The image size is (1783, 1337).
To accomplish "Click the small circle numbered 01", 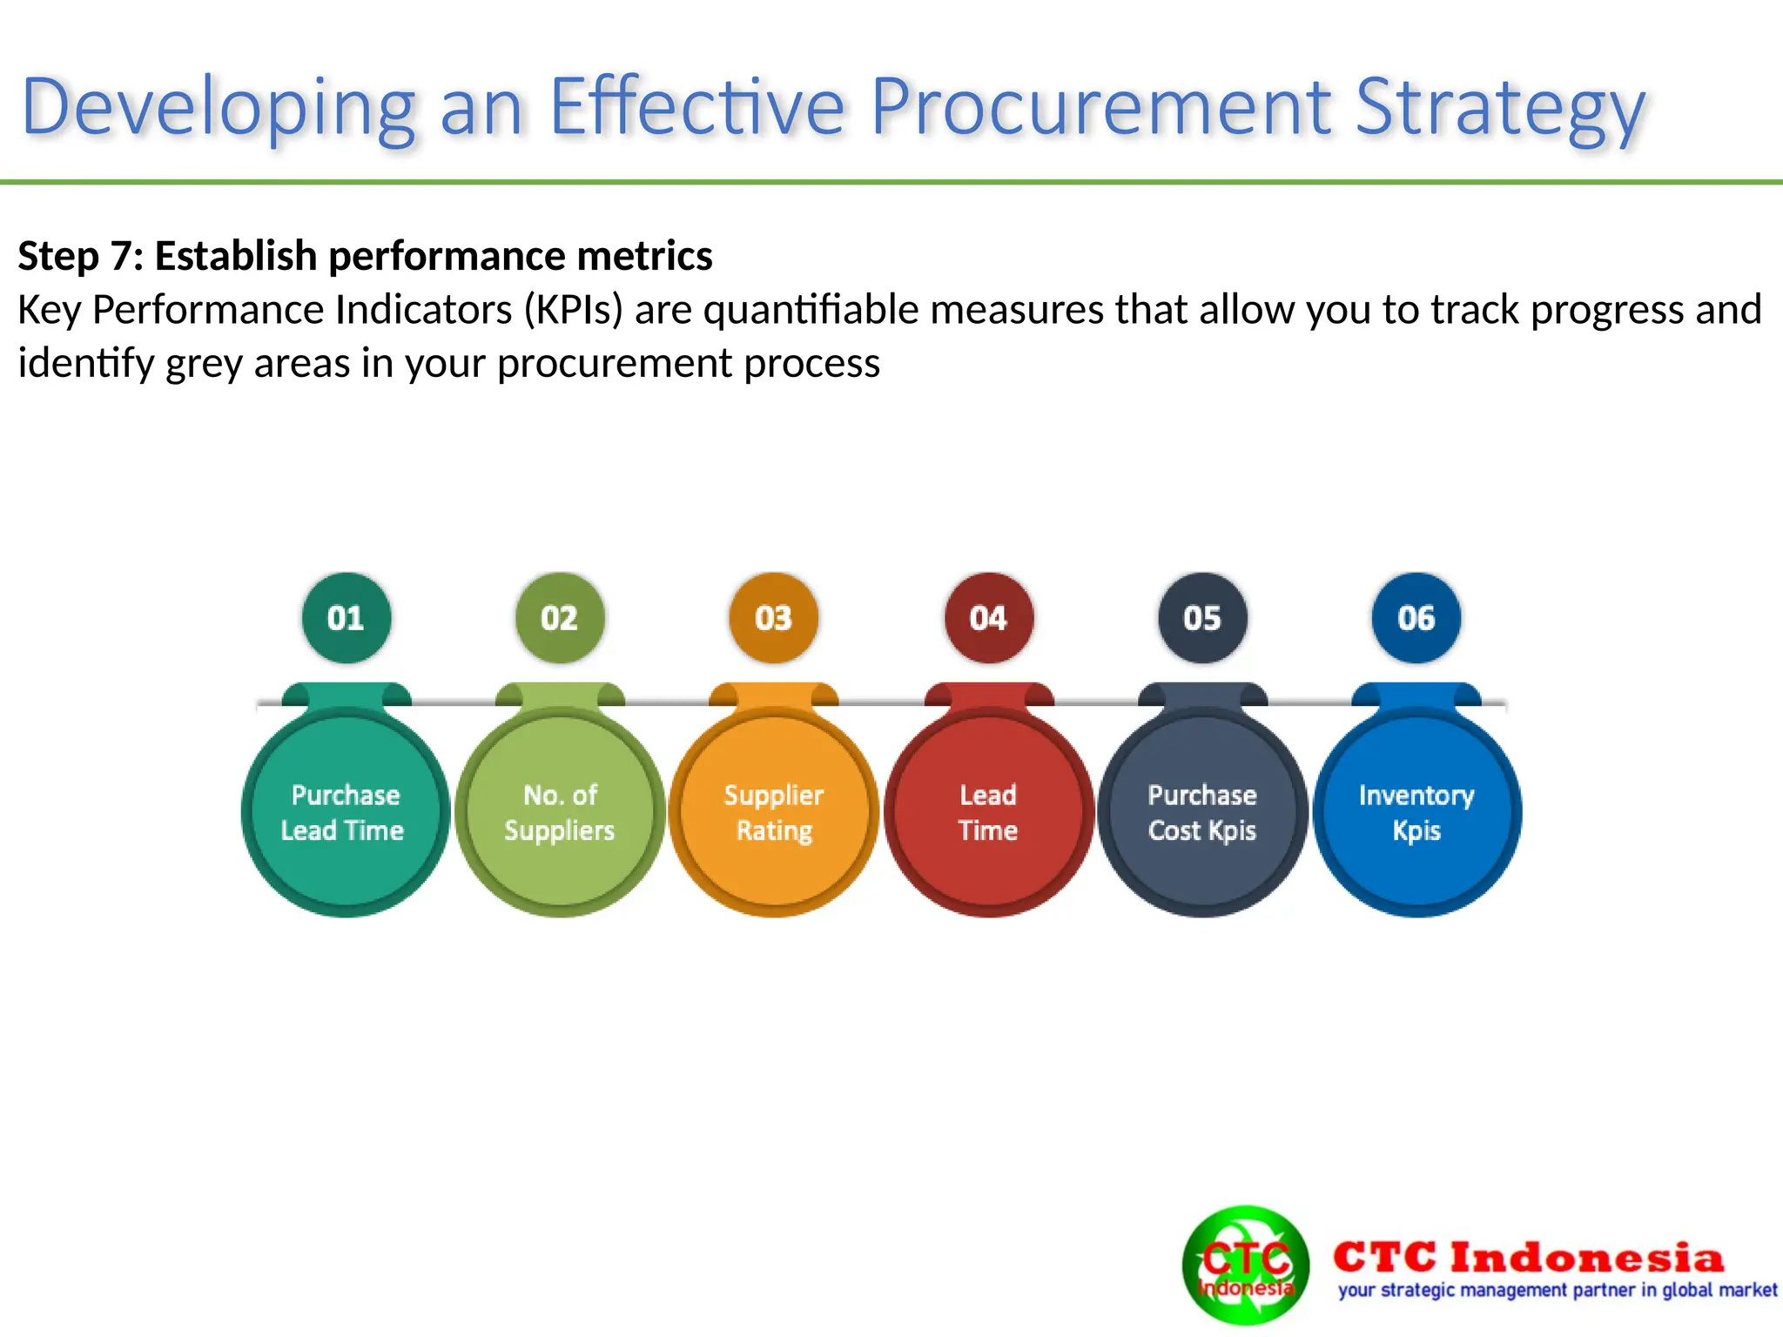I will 346,618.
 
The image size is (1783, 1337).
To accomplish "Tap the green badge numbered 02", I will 560,618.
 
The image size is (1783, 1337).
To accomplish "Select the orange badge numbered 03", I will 773,618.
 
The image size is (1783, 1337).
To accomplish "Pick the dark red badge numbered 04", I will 988,618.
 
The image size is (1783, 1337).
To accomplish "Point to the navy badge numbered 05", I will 1202,618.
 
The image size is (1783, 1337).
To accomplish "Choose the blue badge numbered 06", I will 1416,618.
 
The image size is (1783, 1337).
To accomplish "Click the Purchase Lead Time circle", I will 345,812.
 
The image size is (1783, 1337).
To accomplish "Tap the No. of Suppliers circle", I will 560,812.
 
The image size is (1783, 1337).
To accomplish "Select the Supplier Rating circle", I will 774,812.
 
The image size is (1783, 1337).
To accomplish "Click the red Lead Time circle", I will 988,812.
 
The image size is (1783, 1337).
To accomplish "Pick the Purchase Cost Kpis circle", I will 1202,812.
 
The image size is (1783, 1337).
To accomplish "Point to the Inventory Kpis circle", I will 1416,812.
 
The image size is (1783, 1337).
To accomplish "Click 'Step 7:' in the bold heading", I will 80,256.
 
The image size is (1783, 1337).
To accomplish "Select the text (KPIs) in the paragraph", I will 573,310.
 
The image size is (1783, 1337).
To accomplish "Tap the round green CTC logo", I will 1245,1265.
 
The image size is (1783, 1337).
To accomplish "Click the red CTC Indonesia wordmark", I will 1528,1257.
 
